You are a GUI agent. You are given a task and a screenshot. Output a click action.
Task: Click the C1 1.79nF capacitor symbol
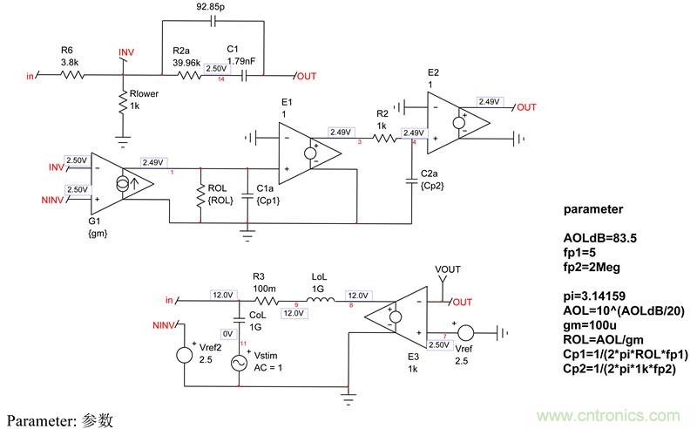(x=247, y=76)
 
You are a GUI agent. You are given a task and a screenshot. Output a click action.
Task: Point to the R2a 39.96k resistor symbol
(x=192, y=76)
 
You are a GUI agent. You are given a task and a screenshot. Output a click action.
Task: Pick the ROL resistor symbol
(x=201, y=194)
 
